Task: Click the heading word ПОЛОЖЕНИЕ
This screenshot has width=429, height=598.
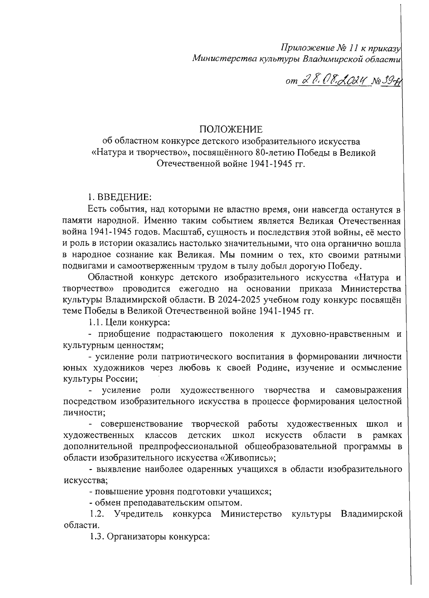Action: click(x=231, y=129)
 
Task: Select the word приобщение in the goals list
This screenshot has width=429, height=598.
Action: click(x=124, y=334)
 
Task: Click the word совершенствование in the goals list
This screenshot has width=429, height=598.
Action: click(x=141, y=424)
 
